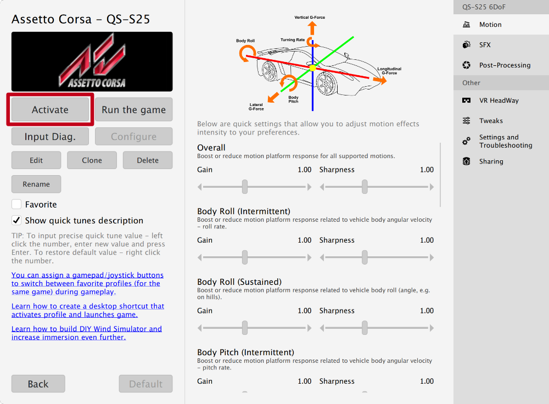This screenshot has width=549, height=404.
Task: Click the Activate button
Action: click(x=50, y=110)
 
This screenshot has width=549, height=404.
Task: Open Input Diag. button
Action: click(x=50, y=137)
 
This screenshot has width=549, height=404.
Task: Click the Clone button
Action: click(x=92, y=160)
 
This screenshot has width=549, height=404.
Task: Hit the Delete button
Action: click(x=147, y=160)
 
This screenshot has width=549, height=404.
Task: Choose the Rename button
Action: click(x=36, y=184)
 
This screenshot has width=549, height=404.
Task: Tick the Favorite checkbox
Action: click(x=16, y=204)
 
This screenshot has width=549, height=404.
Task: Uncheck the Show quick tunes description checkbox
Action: click(x=16, y=221)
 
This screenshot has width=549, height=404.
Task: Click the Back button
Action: click(x=38, y=384)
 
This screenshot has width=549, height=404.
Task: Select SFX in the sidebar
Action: click(x=485, y=45)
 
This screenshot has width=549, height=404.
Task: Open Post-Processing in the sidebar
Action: click(x=504, y=65)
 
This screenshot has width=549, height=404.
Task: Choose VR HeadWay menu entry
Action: click(x=498, y=100)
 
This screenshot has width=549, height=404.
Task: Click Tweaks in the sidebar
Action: click(x=491, y=121)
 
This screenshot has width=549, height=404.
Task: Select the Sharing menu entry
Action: click(x=491, y=161)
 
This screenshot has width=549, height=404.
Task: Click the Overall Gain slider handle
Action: click(x=245, y=187)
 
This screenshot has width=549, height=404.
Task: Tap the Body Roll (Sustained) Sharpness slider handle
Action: click(x=365, y=328)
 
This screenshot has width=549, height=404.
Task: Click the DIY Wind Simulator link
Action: click(x=87, y=333)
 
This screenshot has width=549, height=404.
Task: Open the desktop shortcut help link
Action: click(x=88, y=310)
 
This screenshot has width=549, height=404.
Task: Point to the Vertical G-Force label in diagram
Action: click(x=310, y=18)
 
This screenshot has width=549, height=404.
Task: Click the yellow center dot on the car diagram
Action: click(x=312, y=68)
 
